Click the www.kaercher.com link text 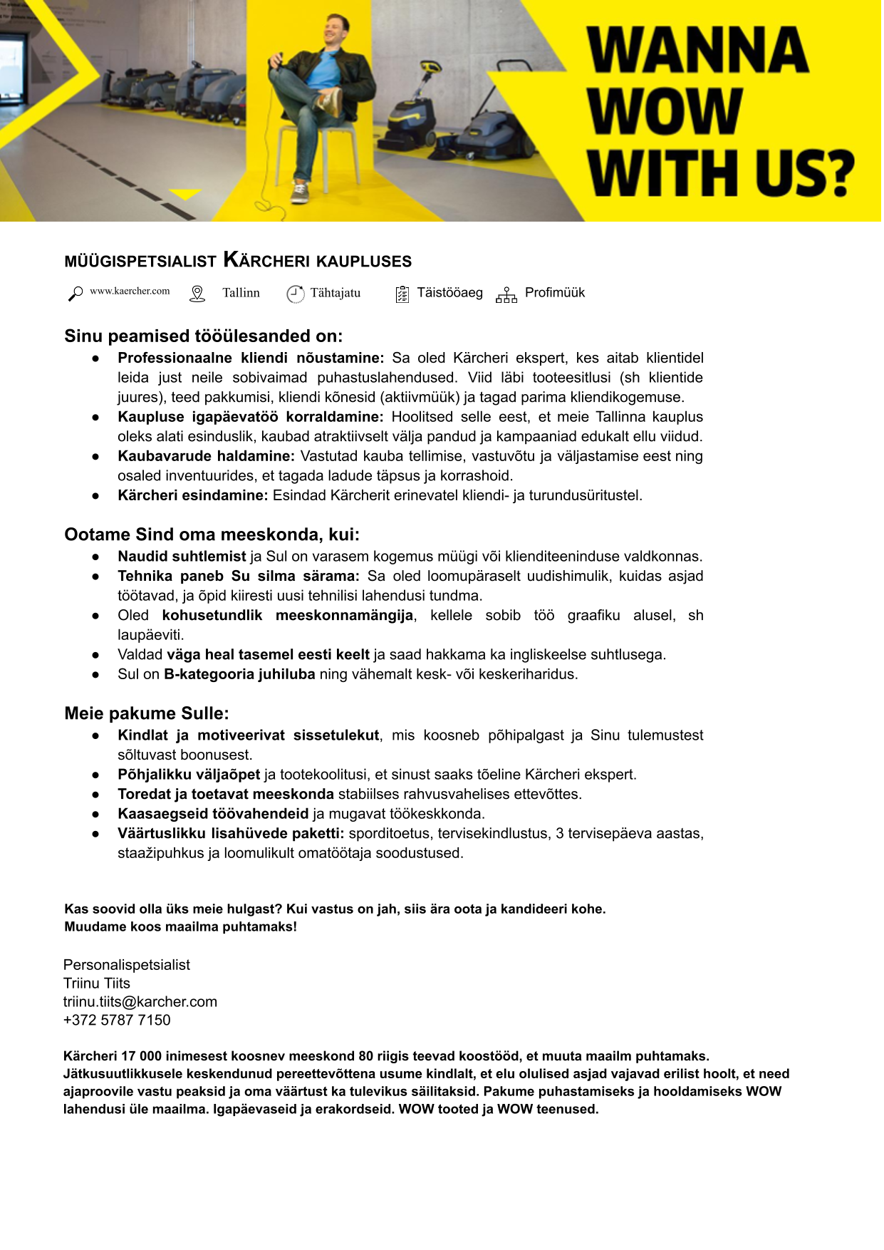(130, 291)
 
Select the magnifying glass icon (75, 294)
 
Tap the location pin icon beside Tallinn (197, 294)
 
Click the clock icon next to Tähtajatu (295, 294)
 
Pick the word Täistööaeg (449, 293)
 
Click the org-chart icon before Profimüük (506, 294)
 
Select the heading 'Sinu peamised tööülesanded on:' (204, 336)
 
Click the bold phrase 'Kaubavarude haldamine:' (206, 456)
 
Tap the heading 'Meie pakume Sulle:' (147, 713)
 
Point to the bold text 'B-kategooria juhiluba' (239, 674)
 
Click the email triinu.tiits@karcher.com (140, 1001)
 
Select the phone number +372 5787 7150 (117, 1020)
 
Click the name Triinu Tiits (97, 983)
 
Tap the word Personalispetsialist (127, 965)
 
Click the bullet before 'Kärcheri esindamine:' (95, 496)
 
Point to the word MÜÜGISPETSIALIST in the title (140, 262)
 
